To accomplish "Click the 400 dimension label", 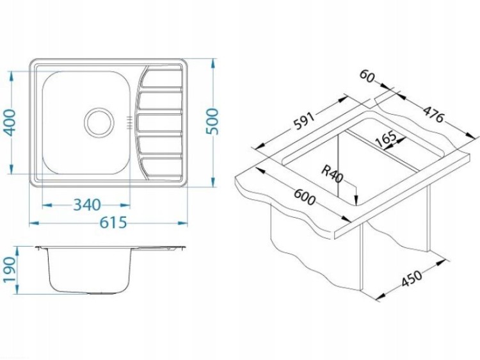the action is (x=10, y=122).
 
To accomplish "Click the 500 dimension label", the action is (x=212, y=121).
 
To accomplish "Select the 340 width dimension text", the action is (x=87, y=205).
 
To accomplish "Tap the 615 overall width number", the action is (x=113, y=222).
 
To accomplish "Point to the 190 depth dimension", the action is (x=8, y=270).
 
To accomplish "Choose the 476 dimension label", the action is (x=433, y=113).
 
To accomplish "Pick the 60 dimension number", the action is (x=367, y=76).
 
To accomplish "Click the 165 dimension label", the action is (x=386, y=140).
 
